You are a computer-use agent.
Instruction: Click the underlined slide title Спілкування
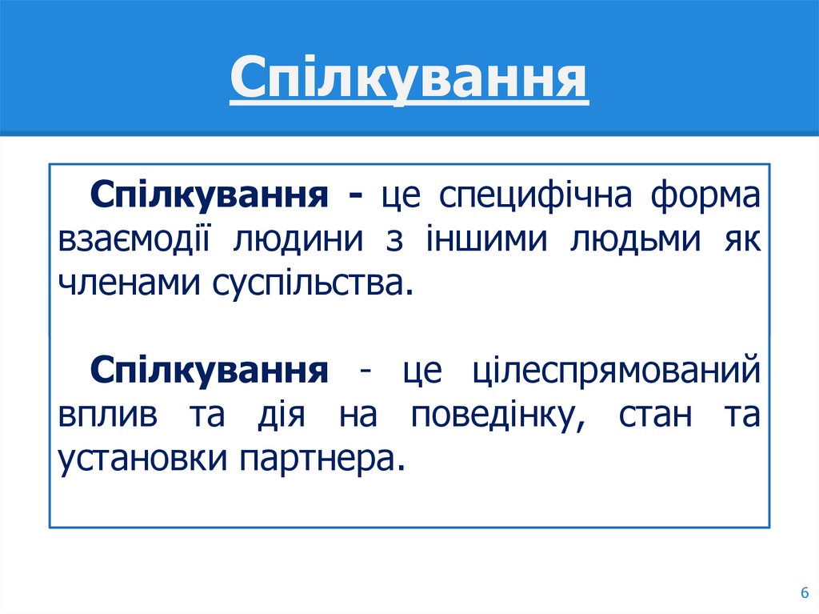tap(409, 80)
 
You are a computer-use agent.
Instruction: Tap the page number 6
tap(802, 592)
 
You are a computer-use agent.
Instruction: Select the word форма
tap(705, 195)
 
